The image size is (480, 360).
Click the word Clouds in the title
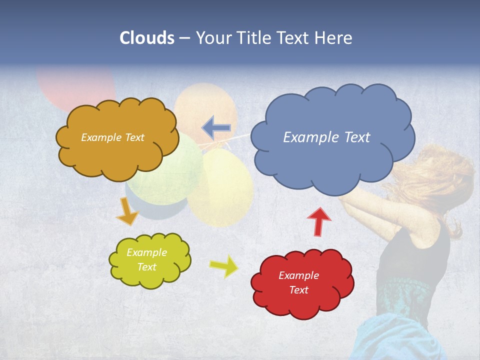point(147,38)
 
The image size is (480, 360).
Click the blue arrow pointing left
point(216,127)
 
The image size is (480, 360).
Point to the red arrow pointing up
point(319,221)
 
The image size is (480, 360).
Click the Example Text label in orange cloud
point(112,137)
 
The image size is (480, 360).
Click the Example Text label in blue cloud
point(326,137)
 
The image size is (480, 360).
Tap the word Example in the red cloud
point(298,275)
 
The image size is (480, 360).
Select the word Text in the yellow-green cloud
point(147,267)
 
